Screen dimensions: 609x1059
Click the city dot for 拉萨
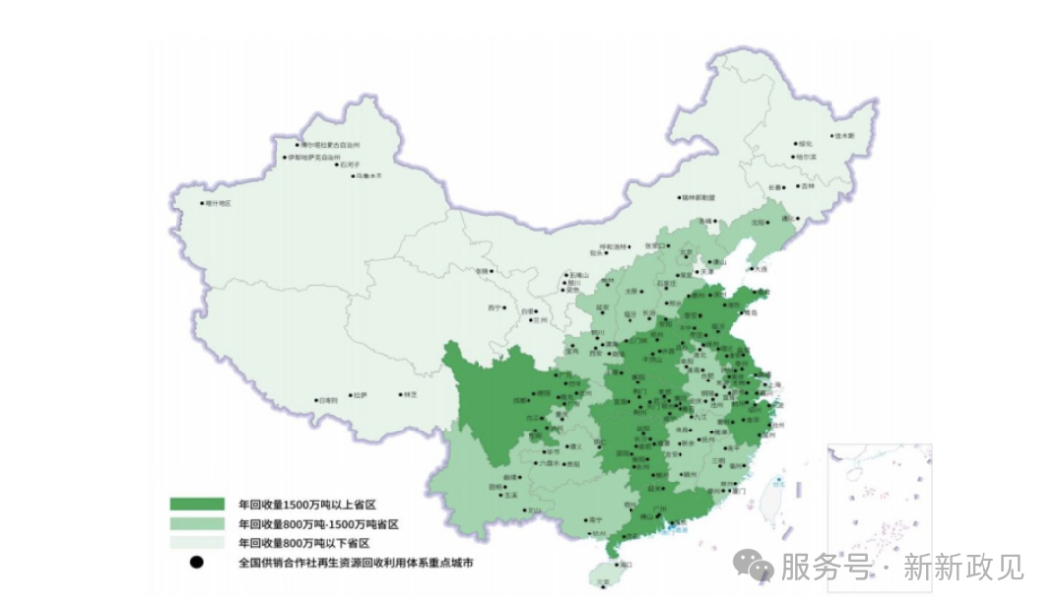[x=350, y=396]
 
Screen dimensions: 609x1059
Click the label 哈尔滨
[x=806, y=156]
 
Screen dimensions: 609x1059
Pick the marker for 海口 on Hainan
[x=615, y=565]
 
